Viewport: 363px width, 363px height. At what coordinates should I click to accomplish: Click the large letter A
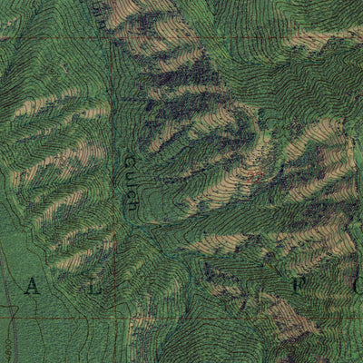(33, 288)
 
